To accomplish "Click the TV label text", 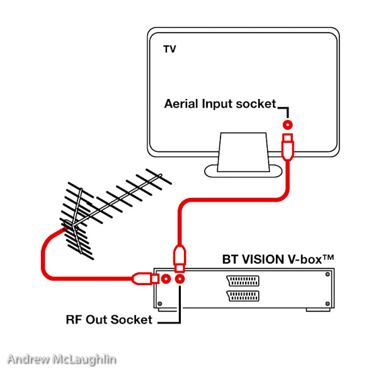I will [169, 49].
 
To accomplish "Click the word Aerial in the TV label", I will [181, 103].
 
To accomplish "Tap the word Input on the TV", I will [217, 103].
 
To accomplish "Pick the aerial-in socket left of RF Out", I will [165, 278].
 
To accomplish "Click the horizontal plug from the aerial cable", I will [144, 277].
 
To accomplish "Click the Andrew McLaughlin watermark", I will [62, 359].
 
